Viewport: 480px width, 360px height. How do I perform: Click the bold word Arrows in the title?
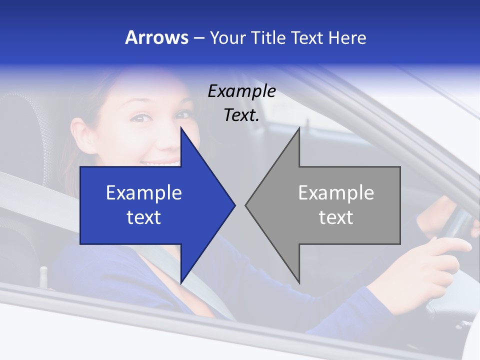pyautogui.click(x=156, y=37)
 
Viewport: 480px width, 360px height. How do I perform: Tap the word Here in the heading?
pyautogui.click(x=347, y=37)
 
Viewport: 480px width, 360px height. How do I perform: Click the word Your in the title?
pyautogui.click(x=226, y=38)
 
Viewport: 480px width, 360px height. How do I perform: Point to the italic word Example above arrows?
pyautogui.click(x=241, y=91)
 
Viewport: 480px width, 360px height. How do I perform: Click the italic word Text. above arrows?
pyautogui.click(x=241, y=115)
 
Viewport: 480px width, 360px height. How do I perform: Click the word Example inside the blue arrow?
pyautogui.click(x=144, y=192)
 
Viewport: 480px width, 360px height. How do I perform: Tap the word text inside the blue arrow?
pyautogui.click(x=144, y=217)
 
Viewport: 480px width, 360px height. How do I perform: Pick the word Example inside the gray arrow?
pyautogui.click(x=336, y=192)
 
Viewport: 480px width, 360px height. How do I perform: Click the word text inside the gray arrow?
pyautogui.click(x=336, y=217)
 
